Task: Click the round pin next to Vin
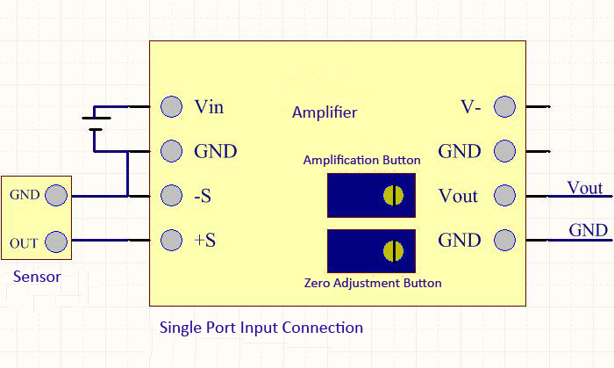pos(171,107)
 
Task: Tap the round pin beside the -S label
pos(171,195)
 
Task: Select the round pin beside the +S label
pos(171,239)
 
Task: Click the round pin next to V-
pos(504,107)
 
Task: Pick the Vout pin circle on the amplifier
pos(504,195)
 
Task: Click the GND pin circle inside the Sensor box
pos(55,196)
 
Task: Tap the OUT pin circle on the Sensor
pos(55,241)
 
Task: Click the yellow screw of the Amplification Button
pos(393,195)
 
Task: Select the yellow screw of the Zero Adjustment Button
pos(393,251)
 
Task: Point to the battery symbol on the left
pos(96,122)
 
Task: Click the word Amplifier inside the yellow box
pos(325,112)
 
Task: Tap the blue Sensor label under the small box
pos(37,278)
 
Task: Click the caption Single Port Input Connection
pos(261,328)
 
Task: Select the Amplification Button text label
pos(361,160)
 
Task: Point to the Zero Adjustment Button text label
pos(372,283)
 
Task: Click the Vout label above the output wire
pos(584,188)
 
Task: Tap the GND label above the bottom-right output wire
pos(588,230)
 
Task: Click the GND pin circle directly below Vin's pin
pos(171,151)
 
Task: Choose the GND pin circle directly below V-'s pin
pos(504,151)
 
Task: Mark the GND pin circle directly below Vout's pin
pos(504,239)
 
